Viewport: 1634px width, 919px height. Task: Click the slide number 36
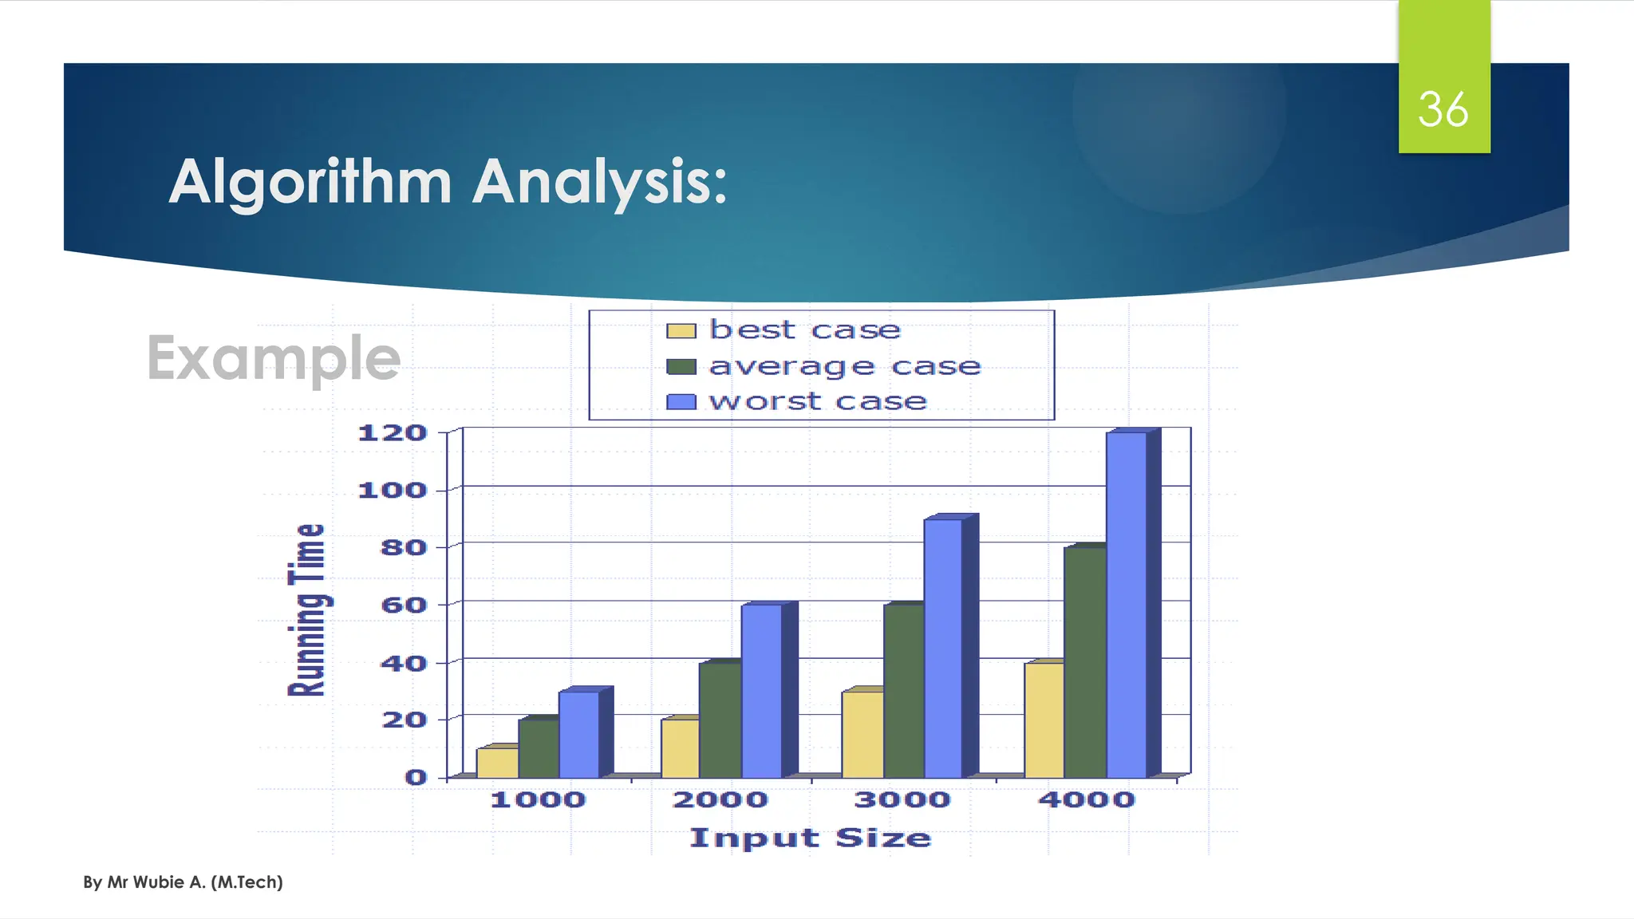pos(1443,109)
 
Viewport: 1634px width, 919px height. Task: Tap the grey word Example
pos(273,358)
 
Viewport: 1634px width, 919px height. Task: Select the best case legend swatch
pos(681,331)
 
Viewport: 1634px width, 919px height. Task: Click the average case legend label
pos(844,366)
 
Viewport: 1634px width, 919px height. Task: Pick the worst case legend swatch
pos(681,401)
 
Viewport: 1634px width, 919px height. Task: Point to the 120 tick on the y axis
pos(393,433)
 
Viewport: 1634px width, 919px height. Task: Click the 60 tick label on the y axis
pos(404,605)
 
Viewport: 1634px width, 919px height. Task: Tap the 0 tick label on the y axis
pos(416,777)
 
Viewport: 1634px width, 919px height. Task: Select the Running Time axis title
pos(307,610)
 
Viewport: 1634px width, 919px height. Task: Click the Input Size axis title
pos(810,838)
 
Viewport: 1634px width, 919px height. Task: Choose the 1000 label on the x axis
pos(538,799)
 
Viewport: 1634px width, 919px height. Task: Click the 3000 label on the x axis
pos(902,799)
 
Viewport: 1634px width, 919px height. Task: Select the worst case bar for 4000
pos(1126,606)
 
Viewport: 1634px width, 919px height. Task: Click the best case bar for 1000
pos(497,763)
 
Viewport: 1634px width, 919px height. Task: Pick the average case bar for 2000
pos(720,720)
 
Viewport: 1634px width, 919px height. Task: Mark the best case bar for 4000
pos(1044,720)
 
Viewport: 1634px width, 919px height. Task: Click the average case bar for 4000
pos(1084,662)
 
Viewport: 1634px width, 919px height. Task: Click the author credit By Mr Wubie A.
pos(183,882)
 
